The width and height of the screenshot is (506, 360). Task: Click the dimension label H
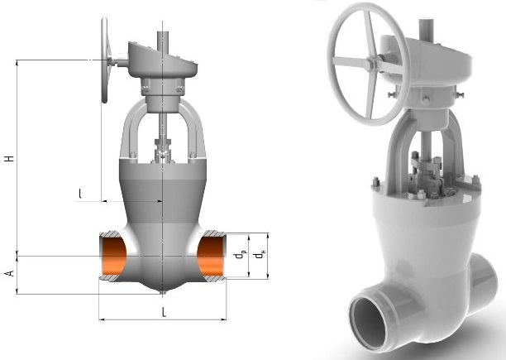[10, 158]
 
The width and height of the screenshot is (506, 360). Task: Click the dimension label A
[10, 273]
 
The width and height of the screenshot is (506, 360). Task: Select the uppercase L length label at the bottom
[165, 312]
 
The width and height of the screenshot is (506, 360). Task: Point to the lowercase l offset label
[80, 194]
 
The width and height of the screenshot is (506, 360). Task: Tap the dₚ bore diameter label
[240, 255]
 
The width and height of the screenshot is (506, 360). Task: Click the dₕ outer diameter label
[259, 255]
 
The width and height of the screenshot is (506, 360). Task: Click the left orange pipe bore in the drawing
[113, 257]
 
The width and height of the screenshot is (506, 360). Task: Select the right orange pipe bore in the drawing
[211, 257]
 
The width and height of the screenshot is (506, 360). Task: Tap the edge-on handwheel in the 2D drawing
[104, 60]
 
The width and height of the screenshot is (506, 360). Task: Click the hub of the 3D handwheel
[371, 63]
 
